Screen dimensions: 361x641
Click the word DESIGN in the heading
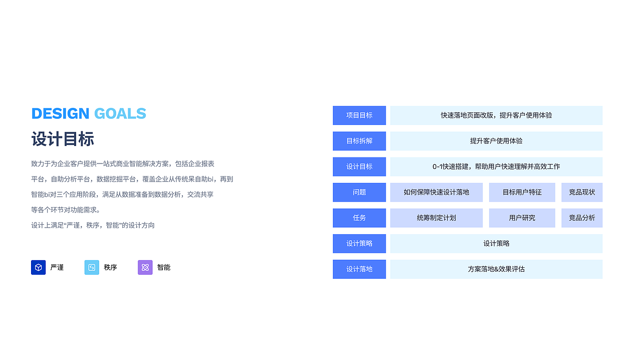pyautogui.click(x=60, y=114)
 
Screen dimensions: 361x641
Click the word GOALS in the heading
pyautogui.click(x=120, y=114)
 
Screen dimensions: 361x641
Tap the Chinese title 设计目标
pyautogui.click(x=63, y=139)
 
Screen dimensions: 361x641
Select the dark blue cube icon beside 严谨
pyautogui.click(x=38, y=267)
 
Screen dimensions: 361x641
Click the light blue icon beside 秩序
pyautogui.click(x=92, y=267)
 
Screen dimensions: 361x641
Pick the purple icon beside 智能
pyautogui.click(x=145, y=267)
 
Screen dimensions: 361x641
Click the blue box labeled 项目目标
pyautogui.click(x=359, y=115)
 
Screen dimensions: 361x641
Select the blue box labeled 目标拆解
pyautogui.click(x=359, y=141)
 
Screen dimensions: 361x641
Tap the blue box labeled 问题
pyautogui.click(x=359, y=192)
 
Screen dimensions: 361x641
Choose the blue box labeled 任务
pyautogui.click(x=359, y=218)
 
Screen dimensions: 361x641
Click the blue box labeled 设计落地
pyautogui.click(x=359, y=269)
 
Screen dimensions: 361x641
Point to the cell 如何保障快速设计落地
pyautogui.click(x=436, y=192)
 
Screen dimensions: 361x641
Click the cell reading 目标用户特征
pyautogui.click(x=522, y=192)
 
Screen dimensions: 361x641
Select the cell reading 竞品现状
pyautogui.click(x=582, y=192)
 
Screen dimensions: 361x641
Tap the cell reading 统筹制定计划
pyautogui.click(x=436, y=218)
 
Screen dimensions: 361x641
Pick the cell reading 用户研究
pyautogui.click(x=522, y=218)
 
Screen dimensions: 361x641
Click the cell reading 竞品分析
pyautogui.click(x=582, y=218)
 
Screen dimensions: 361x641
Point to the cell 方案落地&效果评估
pyautogui.click(x=496, y=269)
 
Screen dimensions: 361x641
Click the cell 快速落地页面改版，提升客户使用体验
pyautogui.click(x=496, y=115)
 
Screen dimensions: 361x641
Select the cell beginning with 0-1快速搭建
pyautogui.click(x=496, y=166)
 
